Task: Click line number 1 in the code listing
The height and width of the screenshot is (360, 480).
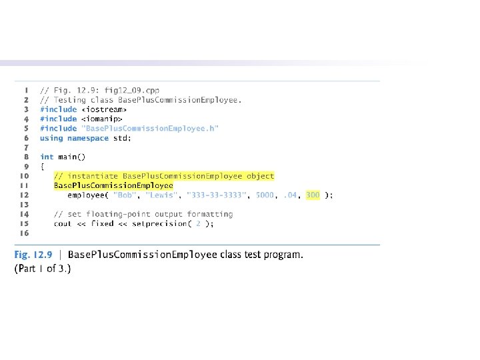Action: [x=25, y=90]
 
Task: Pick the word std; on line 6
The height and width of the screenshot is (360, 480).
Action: [x=124, y=138]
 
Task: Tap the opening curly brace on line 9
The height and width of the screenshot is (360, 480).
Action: [x=42, y=167]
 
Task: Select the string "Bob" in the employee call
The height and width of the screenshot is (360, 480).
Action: [x=125, y=195]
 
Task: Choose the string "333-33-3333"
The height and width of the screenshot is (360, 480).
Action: [x=215, y=195]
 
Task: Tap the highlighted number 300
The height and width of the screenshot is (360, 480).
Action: [x=313, y=195]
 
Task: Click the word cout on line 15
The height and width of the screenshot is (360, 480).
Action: [x=63, y=224]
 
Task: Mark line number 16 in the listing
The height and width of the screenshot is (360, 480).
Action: [x=24, y=233]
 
